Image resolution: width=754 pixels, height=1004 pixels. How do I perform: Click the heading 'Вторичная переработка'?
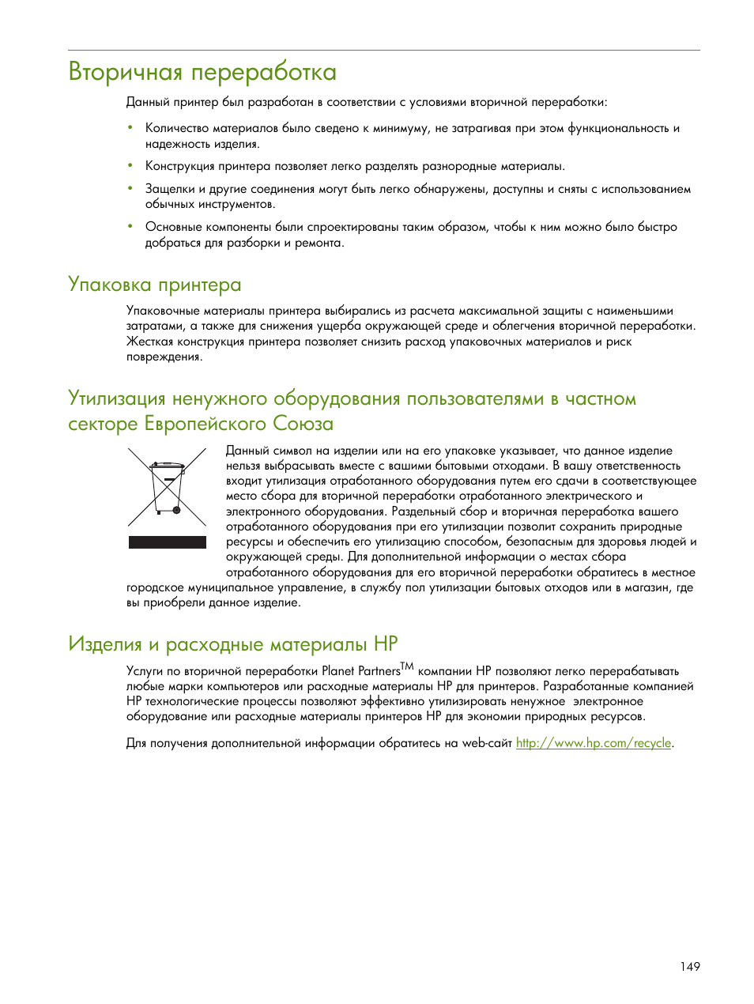click(202, 72)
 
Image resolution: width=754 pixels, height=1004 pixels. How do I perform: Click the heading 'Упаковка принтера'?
click(155, 285)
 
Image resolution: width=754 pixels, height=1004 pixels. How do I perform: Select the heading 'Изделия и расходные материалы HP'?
click(233, 644)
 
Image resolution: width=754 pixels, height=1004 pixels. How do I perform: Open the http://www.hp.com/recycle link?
click(594, 743)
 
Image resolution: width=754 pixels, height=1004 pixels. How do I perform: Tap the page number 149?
click(689, 967)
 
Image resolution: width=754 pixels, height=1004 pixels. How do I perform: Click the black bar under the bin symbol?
click(167, 542)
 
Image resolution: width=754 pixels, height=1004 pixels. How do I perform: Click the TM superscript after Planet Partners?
click(407, 666)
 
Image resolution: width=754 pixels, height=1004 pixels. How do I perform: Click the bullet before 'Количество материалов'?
click(130, 127)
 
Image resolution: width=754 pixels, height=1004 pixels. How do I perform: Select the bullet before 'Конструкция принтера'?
click(130, 166)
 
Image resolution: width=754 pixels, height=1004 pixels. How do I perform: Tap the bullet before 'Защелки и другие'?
click(130, 189)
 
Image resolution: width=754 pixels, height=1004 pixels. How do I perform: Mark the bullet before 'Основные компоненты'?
click(130, 227)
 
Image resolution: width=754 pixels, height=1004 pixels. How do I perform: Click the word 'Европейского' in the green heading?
click(205, 424)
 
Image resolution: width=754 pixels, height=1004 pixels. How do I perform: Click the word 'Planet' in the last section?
click(338, 671)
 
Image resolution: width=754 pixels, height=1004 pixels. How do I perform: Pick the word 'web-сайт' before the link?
click(487, 743)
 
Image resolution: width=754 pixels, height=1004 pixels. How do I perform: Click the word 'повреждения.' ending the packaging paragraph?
click(164, 357)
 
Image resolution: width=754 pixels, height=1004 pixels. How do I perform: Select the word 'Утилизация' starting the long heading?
click(117, 398)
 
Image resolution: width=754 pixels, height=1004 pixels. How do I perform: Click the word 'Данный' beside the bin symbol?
click(247, 451)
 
